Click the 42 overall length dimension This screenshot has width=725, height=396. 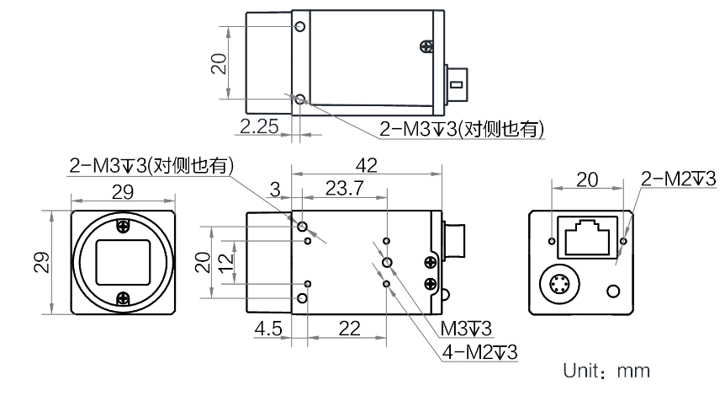(x=366, y=165)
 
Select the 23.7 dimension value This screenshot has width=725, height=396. (x=345, y=189)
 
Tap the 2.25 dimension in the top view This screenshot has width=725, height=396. (x=259, y=126)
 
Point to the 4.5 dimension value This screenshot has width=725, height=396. (x=268, y=329)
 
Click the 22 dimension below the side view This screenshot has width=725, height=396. (x=349, y=329)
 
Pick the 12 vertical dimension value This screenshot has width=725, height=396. (x=226, y=263)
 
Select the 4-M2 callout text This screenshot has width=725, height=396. (x=479, y=352)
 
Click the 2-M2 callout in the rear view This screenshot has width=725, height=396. (x=678, y=179)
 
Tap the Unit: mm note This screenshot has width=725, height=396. (x=606, y=371)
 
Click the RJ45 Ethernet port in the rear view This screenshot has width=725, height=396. (x=588, y=237)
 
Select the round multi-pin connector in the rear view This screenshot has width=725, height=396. (x=559, y=283)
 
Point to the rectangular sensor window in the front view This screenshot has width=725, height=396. (x=123, y=263)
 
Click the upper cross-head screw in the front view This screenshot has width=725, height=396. (x=123, y=226)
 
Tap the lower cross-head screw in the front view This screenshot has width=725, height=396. (x=123, y=299)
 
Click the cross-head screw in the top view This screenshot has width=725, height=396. (x=426, y=45)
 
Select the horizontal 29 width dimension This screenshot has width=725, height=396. (x=123, y=192)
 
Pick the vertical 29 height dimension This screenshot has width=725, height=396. (x=41, y=262)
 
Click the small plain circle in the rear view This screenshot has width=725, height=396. (x=613, y=292)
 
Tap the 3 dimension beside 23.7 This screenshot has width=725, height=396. (x=275, y=190)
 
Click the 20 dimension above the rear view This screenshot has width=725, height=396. (x=587, y=179)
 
